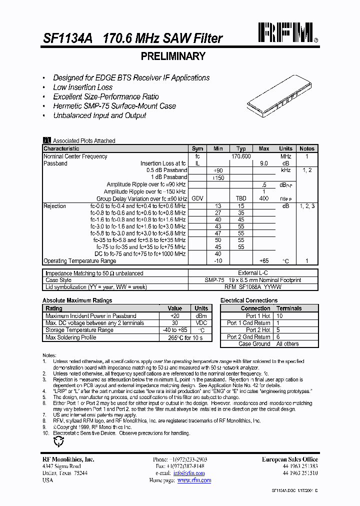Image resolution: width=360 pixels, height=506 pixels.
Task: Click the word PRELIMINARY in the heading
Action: coord(173,56)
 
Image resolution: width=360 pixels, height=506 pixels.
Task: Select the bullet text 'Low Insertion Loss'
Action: coord(83,87)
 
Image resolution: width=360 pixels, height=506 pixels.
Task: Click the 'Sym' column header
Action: coord(197,148)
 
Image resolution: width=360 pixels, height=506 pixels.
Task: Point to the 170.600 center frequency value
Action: coord(241,156)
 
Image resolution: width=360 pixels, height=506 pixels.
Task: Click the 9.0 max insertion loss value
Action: coord(264,163)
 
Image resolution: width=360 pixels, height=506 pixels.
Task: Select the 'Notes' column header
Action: coord(306,148)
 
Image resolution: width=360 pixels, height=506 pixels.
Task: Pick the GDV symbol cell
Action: coord(197,198)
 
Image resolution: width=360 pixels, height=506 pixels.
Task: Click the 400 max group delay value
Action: coord(264,198)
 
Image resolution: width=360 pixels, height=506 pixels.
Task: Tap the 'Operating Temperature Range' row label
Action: coord(79,261)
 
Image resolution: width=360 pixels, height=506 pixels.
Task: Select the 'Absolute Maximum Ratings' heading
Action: coord(77,300)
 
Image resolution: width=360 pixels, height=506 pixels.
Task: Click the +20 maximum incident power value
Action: coord(175,316)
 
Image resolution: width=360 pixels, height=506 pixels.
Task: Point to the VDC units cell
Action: coord(201,323)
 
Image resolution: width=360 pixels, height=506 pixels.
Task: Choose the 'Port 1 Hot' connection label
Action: coord(258,316)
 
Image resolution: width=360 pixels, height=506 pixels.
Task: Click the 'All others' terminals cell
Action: coord(287,344)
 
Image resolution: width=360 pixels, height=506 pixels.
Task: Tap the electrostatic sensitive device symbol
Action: coord(58,441)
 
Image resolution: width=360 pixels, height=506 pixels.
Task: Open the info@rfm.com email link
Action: coord(189,473)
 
